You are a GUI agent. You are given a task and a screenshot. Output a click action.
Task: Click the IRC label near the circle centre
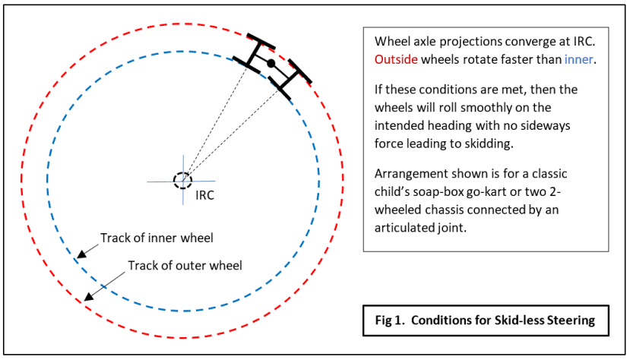(x=204, y=195)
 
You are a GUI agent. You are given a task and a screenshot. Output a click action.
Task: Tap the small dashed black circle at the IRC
(x=183, y=181)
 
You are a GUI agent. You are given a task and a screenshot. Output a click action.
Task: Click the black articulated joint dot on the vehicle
(x=271, y=63)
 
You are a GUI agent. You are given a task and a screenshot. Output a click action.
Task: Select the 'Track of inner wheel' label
(x=157, y=238)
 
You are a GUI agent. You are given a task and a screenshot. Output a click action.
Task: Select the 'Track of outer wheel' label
(x=185, y=266)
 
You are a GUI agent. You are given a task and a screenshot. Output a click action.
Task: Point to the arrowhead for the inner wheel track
(x=81, y=254)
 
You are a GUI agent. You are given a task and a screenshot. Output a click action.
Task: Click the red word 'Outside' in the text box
(x=396, y=59)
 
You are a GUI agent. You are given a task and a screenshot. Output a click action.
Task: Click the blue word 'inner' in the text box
(x=578, y=59)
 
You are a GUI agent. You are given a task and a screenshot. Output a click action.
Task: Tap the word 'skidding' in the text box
(x=488, y=144)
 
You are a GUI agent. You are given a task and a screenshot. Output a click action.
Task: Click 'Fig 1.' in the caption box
(x=390, y=321)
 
